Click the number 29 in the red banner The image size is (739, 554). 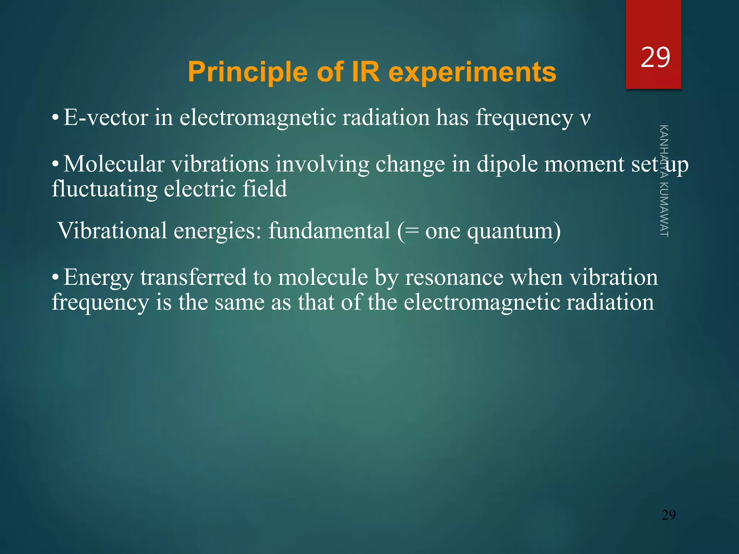[655, 57]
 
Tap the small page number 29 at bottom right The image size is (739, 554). [668, 515]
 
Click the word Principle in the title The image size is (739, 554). [248, 72]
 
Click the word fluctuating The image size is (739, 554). [104, 189]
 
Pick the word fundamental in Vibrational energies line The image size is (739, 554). [329, 231]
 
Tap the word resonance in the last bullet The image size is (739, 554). [454, 278]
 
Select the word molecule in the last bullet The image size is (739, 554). [323, 278]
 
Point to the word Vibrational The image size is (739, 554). [112, 231]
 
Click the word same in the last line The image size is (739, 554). [240, 302]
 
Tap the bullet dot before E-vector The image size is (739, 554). [55, 118]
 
